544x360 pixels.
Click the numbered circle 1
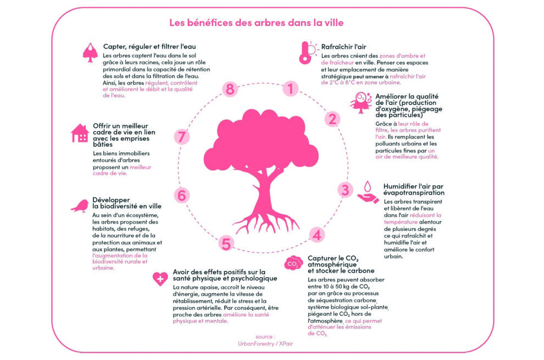pyautogui.click(x=290, y=88)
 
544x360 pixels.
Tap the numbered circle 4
pyautogui.click(x=317, y=235)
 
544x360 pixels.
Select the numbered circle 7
pyautogui.click(x=181, y=136)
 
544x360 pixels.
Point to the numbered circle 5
pyautogui.click(x=226, y=243)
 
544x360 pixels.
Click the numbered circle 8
pyautogui.click(x=230, y=89)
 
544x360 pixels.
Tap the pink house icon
pyautogui.click(x=80, y=133)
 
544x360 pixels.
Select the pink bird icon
pyautogui.click(x=80, y=206)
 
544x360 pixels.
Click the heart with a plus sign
pyautogui.click(x=160, y=279)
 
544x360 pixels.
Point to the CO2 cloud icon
pyautogui.click(x=293, y=263)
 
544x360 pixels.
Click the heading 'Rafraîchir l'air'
pyautogui.click(x=343, y=47)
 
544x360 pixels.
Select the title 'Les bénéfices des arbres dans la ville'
pyautogui.click(x=257, y=23)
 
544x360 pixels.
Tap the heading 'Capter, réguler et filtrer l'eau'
pyautogui.click(x=149, y=47)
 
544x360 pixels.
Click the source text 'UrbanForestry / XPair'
pyautogui.click(x=265, y=344)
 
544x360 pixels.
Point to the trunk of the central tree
pyautogui.click(x=264, y=195)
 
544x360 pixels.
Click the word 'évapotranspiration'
pyautogui.click(x=414, y=193)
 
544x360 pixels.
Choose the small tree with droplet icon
pyautogui.click(x=90, y=53)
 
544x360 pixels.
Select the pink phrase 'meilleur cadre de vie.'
pyautogui.click(x=122, y=170)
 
